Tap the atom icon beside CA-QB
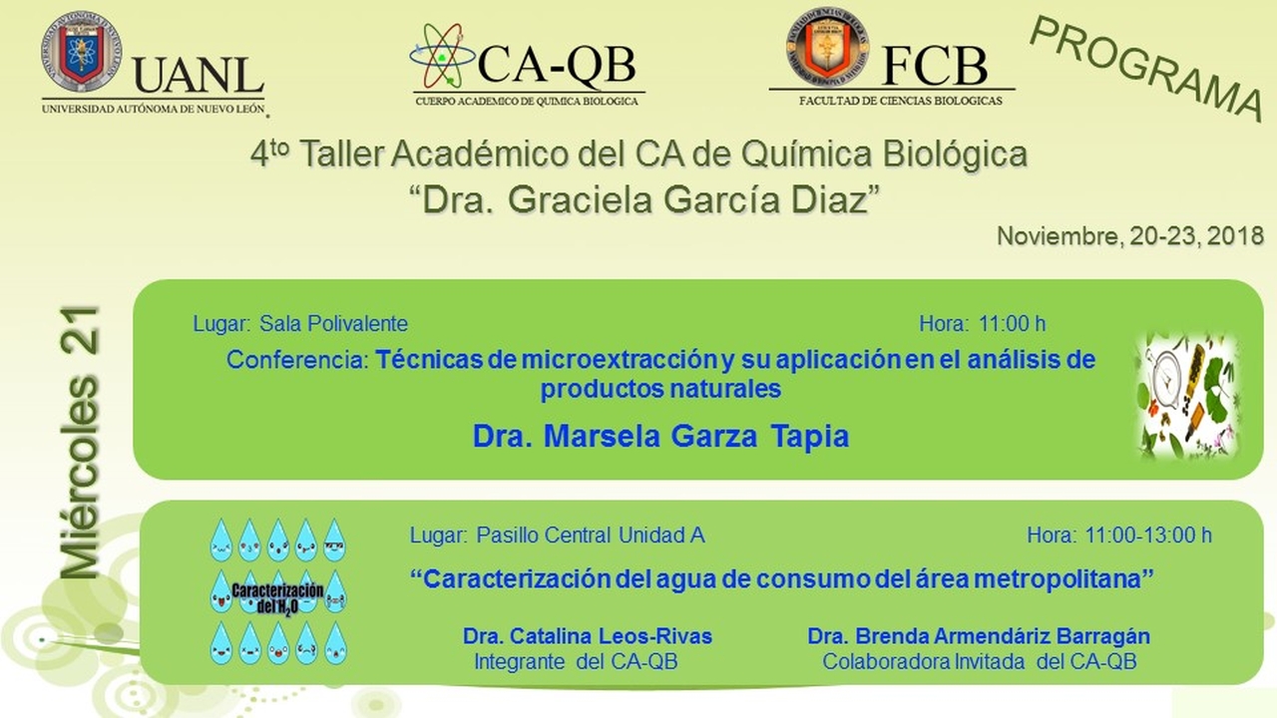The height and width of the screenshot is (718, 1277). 442,56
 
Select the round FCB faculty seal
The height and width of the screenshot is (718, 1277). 828,47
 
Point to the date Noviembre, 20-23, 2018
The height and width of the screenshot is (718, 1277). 1130,236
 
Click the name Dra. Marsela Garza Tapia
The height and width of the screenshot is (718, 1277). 660,436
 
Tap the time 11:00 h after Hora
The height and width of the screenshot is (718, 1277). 1012,324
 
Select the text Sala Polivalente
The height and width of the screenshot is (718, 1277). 333,324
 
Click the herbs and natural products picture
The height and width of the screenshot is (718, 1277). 1187,396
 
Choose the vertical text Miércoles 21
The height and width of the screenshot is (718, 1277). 81,443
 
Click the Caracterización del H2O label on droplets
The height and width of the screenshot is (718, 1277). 277,598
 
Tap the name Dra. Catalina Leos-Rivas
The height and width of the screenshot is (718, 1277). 588,636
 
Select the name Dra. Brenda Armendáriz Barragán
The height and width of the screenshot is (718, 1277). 979,636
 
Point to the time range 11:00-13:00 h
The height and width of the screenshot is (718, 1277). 1148,536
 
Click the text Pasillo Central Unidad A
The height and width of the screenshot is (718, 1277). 591,536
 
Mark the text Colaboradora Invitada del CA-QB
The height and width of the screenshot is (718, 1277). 980,661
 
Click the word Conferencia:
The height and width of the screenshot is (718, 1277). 297,360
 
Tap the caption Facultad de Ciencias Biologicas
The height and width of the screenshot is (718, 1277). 900,101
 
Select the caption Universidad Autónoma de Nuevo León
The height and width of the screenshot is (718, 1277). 154,109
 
